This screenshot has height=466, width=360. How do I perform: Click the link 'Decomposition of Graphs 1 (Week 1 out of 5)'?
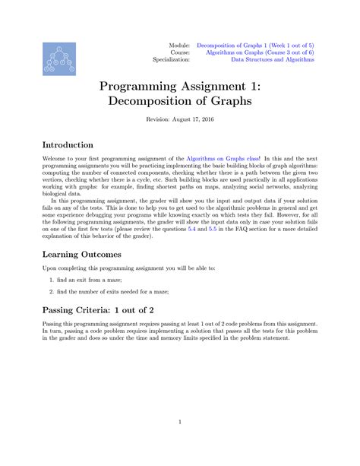click(255, 45)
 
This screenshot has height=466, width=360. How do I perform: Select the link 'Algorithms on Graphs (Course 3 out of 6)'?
click(255, 52)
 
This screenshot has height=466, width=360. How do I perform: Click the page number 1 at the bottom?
click(180, 423)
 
